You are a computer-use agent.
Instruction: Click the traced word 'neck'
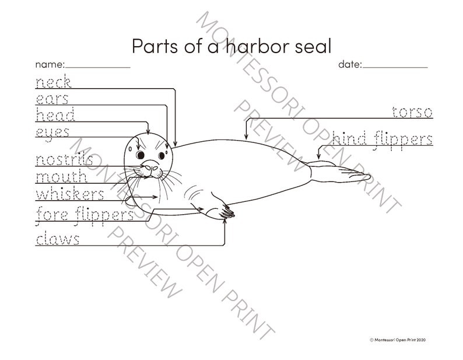[53, 82]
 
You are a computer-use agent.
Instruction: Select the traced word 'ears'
[52, 98]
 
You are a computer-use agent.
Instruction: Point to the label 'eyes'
[52, 132]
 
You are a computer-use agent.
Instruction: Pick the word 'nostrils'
[64, 159]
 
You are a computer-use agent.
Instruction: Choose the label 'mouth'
[61, 176]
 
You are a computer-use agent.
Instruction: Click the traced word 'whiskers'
[70, 194]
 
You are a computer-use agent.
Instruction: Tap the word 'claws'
[58, 239]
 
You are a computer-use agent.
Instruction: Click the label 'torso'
[412, 111]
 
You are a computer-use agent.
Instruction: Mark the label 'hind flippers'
[383, 139]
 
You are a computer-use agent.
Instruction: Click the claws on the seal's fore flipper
[229, 215]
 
